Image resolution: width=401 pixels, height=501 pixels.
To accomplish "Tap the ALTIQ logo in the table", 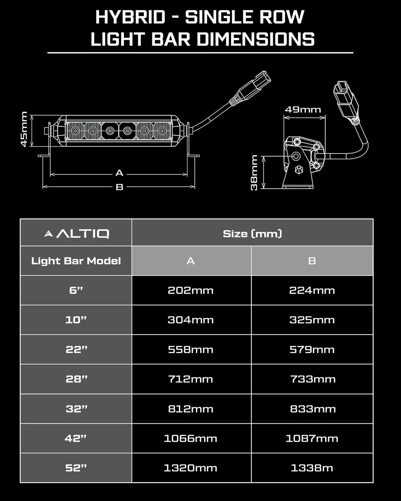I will click(x=76, y=233).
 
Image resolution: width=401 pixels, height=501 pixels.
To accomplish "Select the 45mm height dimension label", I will click(x=24, y=129).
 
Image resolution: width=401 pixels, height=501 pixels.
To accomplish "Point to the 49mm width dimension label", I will click(x=303, y=109).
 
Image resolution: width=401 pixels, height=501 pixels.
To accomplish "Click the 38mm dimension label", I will click(x=254, y=173).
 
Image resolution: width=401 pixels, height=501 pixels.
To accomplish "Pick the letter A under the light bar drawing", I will click(x=119, y=173).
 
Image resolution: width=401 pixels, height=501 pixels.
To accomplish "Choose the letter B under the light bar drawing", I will click(x=119, y=187).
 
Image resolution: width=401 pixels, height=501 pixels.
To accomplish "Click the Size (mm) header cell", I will click(x=252, y=233).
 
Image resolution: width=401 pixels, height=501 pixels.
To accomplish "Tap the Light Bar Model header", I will click(x=76, y=261).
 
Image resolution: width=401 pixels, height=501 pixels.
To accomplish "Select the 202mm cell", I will click(x=190, y=290).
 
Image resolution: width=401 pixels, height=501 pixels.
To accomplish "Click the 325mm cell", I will click(x=312, y=320).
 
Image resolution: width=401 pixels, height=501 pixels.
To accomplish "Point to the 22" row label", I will click(x=76, y=349).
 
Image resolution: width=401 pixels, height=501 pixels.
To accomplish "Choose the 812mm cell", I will click(x=190, y=409).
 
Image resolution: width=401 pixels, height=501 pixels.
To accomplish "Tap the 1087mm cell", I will click(x=312, y=438).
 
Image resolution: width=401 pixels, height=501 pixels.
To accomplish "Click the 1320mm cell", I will click(x=190, y=468).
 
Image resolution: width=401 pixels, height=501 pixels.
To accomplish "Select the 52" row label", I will click(x=76, y=468).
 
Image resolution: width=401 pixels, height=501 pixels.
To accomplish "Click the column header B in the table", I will click(x=312, y=261).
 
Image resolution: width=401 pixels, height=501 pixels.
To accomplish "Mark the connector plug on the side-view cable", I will click(x=344, y=98).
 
